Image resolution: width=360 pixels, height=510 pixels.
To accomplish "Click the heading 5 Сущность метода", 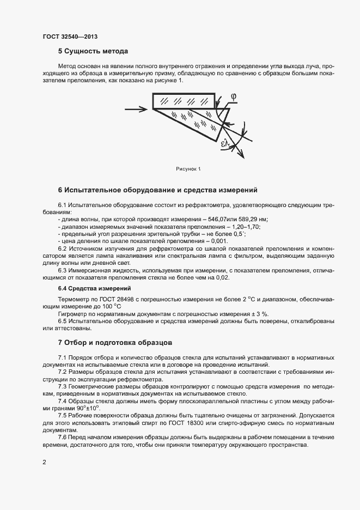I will tap(93, 52).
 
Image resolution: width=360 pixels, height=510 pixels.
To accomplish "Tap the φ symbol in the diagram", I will tap(233, 96).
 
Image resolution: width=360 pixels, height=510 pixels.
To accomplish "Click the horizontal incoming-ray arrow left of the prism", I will tap(136, 110).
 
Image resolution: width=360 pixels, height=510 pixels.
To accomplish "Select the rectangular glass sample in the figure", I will tap(184, 101).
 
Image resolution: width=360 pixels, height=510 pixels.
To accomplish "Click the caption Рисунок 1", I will tap(188, 169).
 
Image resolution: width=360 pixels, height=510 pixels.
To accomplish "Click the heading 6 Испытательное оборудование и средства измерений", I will tap(157, 190).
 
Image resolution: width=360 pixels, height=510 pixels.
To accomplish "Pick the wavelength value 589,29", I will tap(245, 219).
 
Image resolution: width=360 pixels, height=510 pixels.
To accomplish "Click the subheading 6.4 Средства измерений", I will tap(94, 288).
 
